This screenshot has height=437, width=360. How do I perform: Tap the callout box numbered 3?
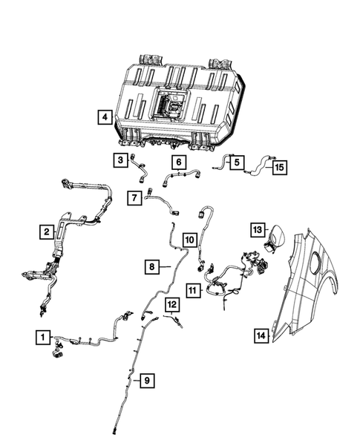119,159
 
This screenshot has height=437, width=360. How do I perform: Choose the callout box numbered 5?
235,161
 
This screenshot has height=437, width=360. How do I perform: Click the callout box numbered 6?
178,162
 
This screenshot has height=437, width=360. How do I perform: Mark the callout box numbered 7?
134,197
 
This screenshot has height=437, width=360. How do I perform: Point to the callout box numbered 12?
171,304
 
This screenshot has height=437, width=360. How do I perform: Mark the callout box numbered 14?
260,335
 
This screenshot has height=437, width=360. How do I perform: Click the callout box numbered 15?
278,168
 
